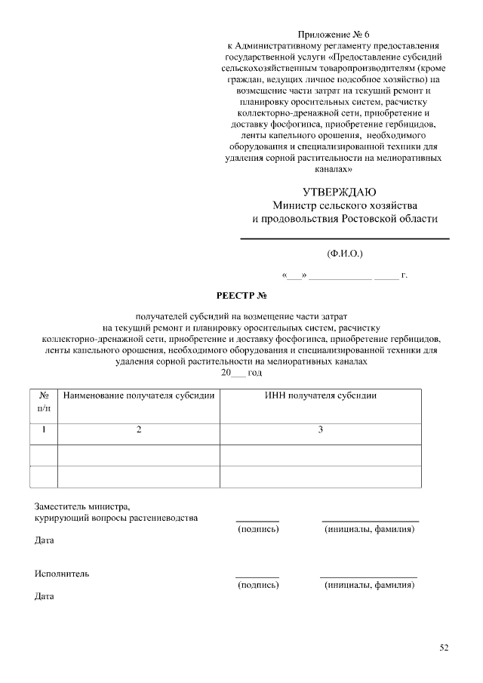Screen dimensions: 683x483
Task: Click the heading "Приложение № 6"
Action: (334, 35)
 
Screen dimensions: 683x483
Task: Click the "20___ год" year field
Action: (241, 373)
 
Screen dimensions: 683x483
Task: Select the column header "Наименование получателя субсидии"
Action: (139, 395)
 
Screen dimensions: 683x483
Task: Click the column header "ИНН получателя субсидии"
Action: (321, 395)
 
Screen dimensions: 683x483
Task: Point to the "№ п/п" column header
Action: (44, 401)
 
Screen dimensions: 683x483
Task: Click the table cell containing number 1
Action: (44, 429)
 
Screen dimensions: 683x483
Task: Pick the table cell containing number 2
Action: (139, 429)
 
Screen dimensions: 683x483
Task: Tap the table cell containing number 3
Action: (321, 429)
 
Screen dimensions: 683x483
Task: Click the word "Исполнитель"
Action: (62, 574)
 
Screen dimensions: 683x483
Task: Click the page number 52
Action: (444, 648)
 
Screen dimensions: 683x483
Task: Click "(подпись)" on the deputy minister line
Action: (258, 530)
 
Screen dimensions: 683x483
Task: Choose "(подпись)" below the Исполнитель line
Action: (258, 585)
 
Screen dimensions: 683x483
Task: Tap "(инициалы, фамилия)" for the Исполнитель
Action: (369, 585)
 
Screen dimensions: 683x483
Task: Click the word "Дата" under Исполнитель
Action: (45, 596)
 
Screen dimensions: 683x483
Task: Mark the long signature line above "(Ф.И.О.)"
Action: (344, 239)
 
